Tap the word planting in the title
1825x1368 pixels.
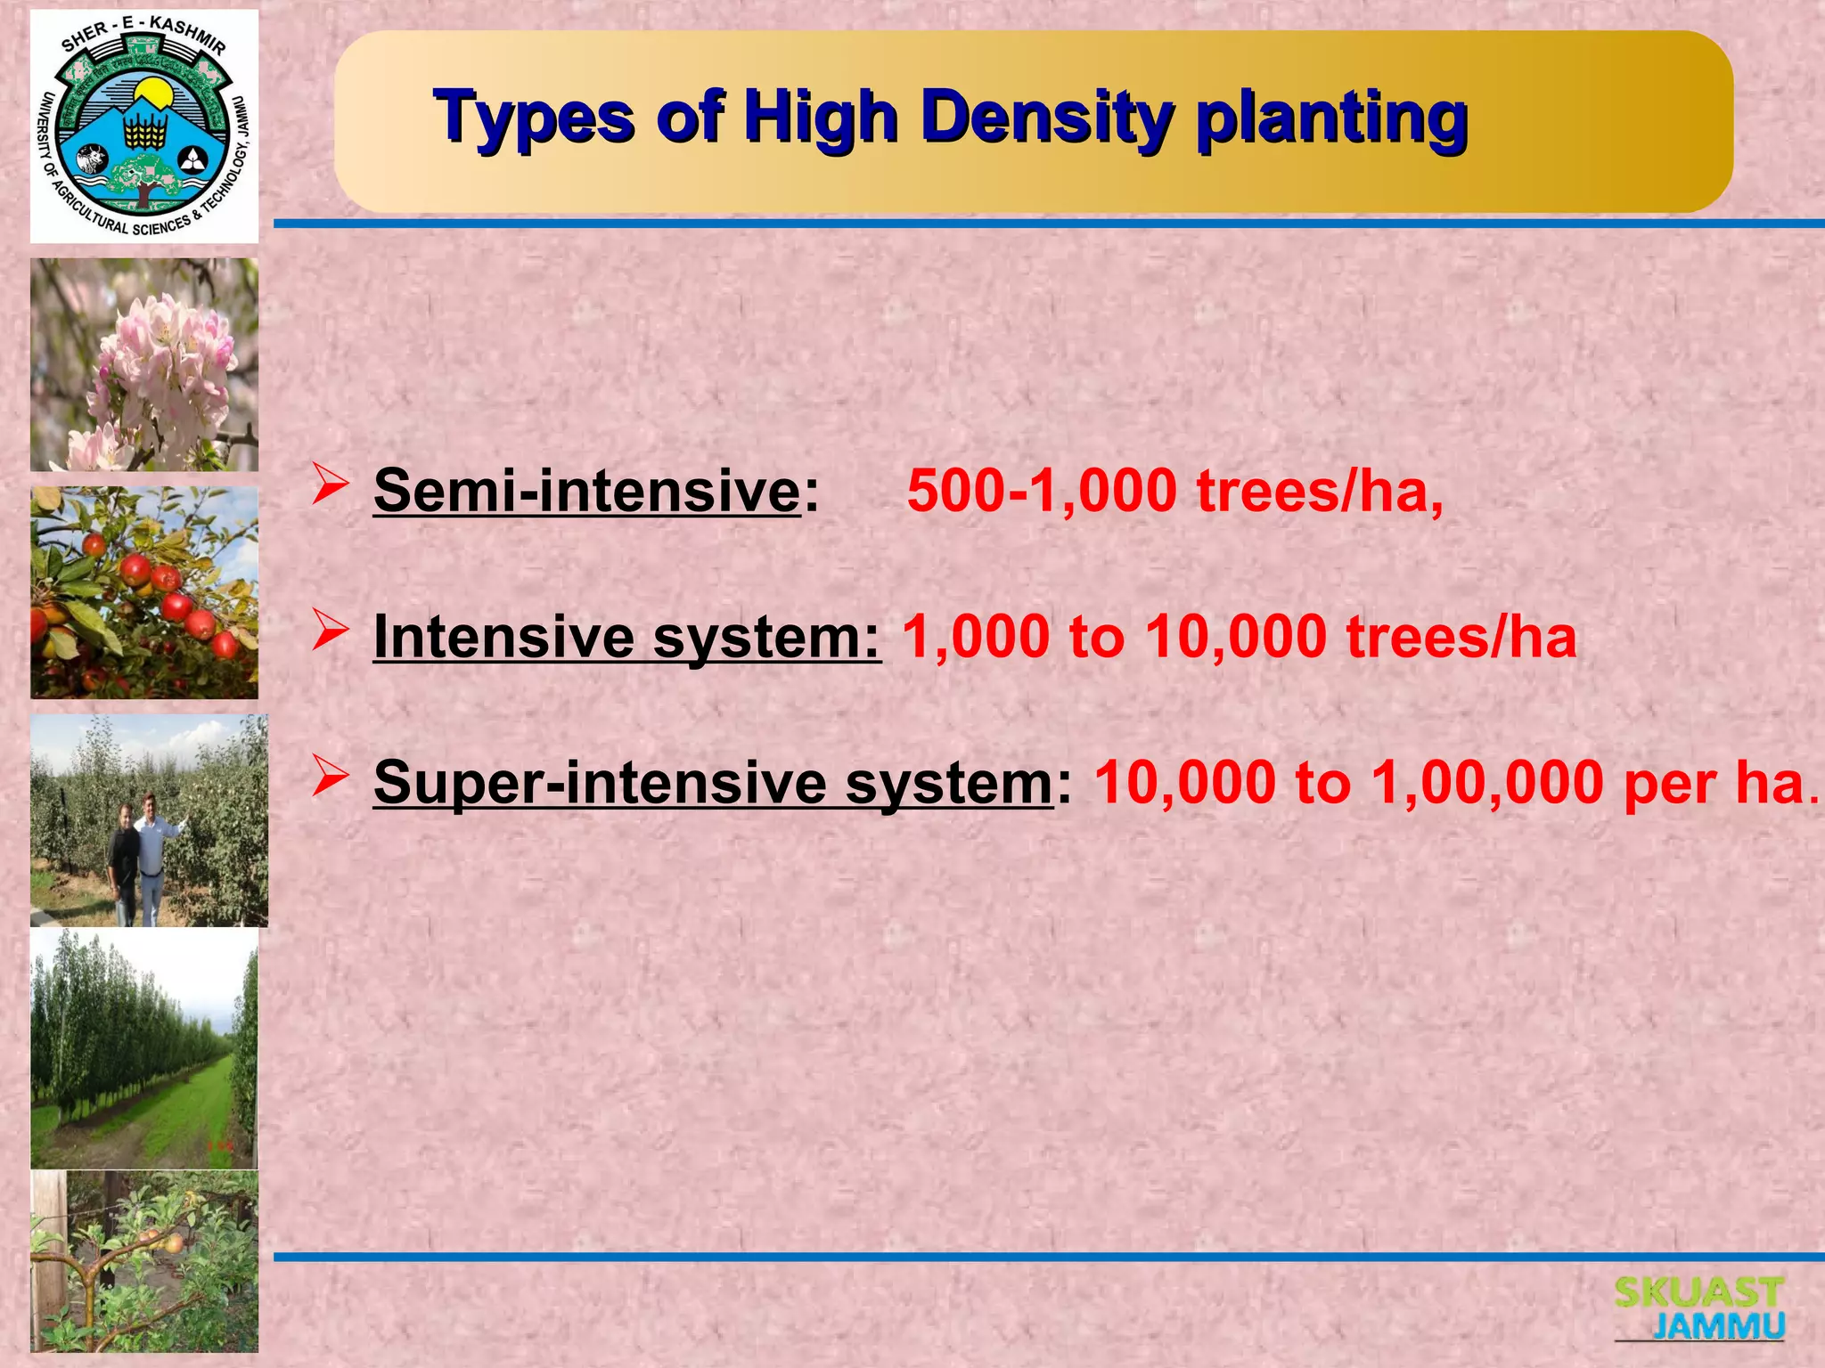pos(1331,118)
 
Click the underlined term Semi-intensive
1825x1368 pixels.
pos(587,491)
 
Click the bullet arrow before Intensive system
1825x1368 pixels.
pos(330,633)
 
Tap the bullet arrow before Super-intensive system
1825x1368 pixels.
pos(330,779)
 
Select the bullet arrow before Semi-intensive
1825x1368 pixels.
pos(330,486)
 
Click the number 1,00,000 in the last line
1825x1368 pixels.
pos(1487,783)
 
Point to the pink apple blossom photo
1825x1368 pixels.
pos(144,364)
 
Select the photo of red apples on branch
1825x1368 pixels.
pos(144,592)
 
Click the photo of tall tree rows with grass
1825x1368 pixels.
pos(144,1049)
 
